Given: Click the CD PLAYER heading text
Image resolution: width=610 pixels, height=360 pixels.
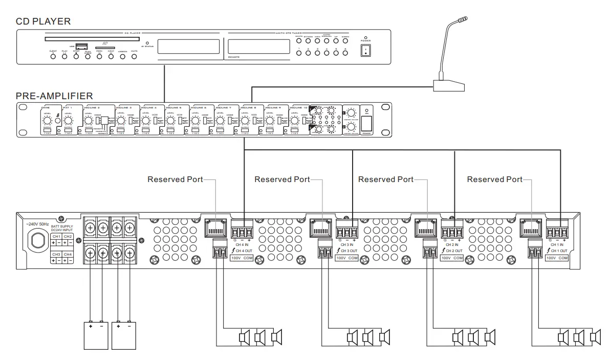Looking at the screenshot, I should point(43,21).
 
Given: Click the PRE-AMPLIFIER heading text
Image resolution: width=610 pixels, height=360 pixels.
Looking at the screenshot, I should point(54,96).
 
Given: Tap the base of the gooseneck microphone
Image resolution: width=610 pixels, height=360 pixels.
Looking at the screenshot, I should point(449,85).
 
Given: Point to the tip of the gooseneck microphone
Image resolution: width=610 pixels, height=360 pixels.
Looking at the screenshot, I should point(463,20).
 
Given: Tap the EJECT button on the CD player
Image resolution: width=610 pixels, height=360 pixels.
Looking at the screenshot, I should point(53,56).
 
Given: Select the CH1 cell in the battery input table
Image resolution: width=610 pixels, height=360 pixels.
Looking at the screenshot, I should point(56,236).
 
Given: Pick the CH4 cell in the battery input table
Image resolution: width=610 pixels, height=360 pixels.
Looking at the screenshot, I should point(69,254).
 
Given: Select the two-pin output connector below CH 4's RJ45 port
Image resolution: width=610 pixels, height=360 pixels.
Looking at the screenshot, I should point(220,250).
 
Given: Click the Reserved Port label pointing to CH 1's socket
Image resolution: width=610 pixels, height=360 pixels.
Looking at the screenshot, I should point(494,179).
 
